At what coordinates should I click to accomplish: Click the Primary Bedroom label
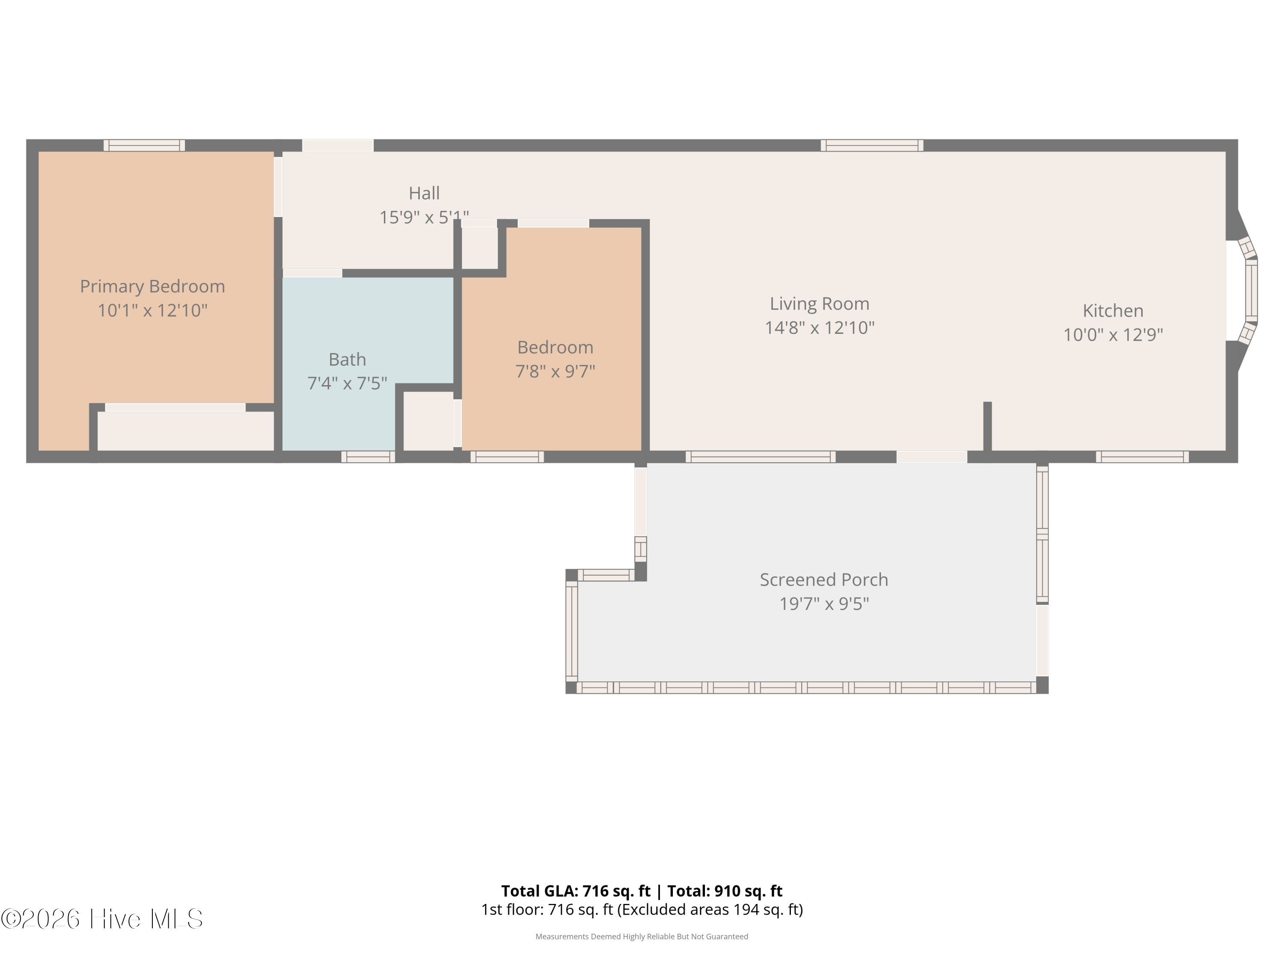152,286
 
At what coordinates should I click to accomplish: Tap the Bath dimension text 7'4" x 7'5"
347,383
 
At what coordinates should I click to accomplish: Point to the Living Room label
820,303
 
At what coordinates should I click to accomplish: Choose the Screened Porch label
824,580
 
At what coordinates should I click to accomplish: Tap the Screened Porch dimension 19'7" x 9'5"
824,603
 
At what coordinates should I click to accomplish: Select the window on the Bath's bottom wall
368,457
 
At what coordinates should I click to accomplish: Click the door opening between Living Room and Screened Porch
932,457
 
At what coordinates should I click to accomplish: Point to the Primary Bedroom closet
186,430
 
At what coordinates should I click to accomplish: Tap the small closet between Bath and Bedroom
428,421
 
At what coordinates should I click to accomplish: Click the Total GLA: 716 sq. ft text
576,891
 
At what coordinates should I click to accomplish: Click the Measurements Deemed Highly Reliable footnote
642,936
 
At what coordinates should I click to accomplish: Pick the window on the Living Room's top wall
872,145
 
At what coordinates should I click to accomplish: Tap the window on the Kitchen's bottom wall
1142,457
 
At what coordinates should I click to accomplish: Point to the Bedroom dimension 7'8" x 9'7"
556,371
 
